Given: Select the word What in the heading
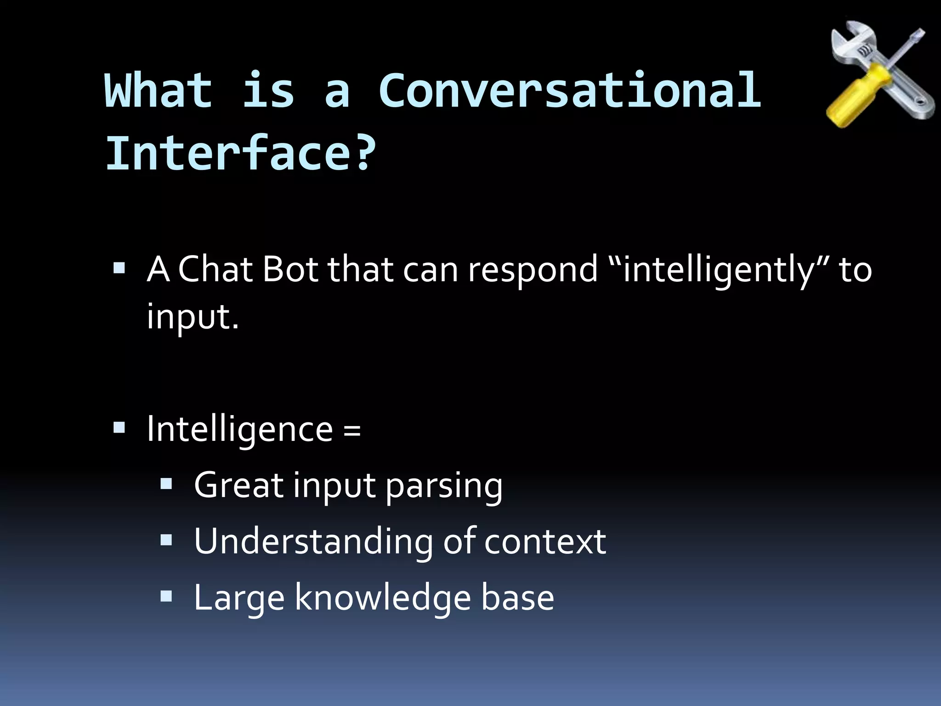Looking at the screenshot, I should [159, 91].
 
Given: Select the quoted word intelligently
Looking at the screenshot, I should [719, 270].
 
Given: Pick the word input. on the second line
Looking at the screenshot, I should [193, 317].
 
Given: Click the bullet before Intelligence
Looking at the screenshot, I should [119, 427].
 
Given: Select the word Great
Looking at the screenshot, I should [238, 485].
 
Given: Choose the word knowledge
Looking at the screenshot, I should [383, 598].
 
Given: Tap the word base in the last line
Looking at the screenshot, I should [517, 598].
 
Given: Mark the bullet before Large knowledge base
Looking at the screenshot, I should [166, 597].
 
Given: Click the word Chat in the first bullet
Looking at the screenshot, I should [215, 269].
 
